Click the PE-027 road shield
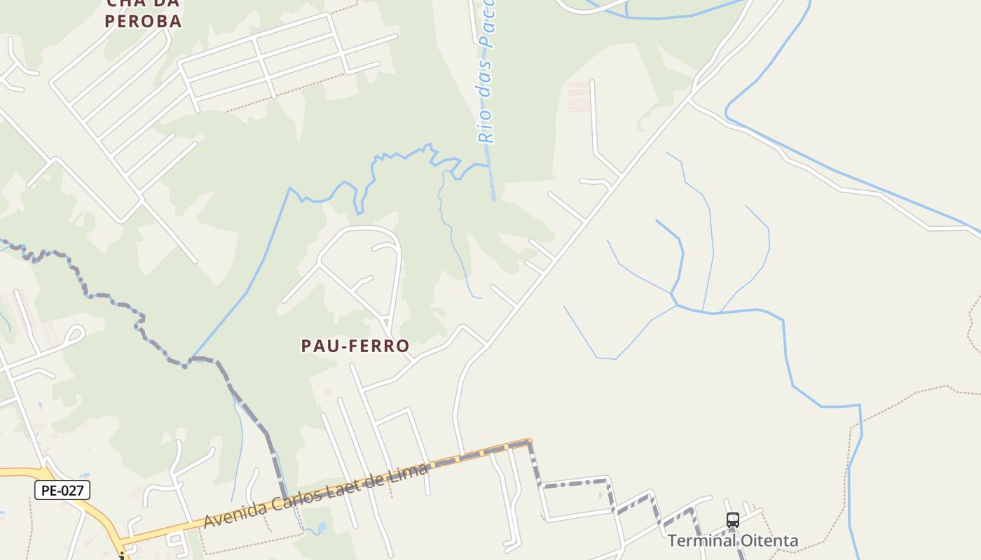[62, 490]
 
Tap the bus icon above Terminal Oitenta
[733, 520]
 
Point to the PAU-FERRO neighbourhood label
[355, 346]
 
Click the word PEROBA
[144, 21]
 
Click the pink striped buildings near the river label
[579, 97]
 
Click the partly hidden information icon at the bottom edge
[121, 556]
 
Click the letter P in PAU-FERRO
[307, 346]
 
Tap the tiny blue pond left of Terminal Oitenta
[601, 496]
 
